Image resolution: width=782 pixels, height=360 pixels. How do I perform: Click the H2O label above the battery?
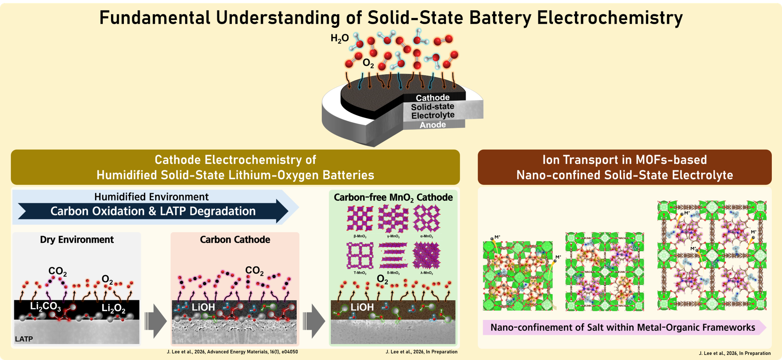coord(339,38)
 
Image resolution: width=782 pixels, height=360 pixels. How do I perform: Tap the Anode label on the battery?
coord(432,125)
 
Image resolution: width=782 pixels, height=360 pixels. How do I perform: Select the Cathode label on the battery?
coord(432,97)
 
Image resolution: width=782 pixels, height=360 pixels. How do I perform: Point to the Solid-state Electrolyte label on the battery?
coord(433,111)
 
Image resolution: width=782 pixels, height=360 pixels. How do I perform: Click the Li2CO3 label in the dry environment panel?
coord(45,307)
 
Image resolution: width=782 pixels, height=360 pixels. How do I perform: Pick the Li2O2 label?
coord(113,309)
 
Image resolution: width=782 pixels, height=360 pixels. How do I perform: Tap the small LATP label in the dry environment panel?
coord(24,339)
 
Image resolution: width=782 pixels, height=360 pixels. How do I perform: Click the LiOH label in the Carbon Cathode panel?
coord(203,307)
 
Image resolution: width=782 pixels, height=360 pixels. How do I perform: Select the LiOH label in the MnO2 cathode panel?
coord(362,307)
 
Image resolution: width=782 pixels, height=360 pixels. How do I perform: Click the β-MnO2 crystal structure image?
coord(360,219)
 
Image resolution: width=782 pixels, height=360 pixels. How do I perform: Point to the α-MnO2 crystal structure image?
coord(427,219)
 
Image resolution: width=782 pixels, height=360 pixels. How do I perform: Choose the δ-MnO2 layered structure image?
coord(393,255)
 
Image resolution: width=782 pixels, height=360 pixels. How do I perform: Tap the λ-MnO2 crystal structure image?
coord(427,255)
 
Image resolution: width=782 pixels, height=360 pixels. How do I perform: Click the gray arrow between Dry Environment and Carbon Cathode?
coord(156,321)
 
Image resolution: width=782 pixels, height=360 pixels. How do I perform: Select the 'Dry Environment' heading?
coord(77,240)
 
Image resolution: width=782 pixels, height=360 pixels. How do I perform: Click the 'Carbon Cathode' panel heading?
coord(235,240)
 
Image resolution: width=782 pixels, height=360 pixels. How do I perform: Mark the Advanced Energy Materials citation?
coord(232,352)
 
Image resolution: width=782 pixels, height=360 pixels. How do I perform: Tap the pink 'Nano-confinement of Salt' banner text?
coord(623,327)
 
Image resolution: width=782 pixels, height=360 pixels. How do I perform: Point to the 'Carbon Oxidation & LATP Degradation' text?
coord(153,211)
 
